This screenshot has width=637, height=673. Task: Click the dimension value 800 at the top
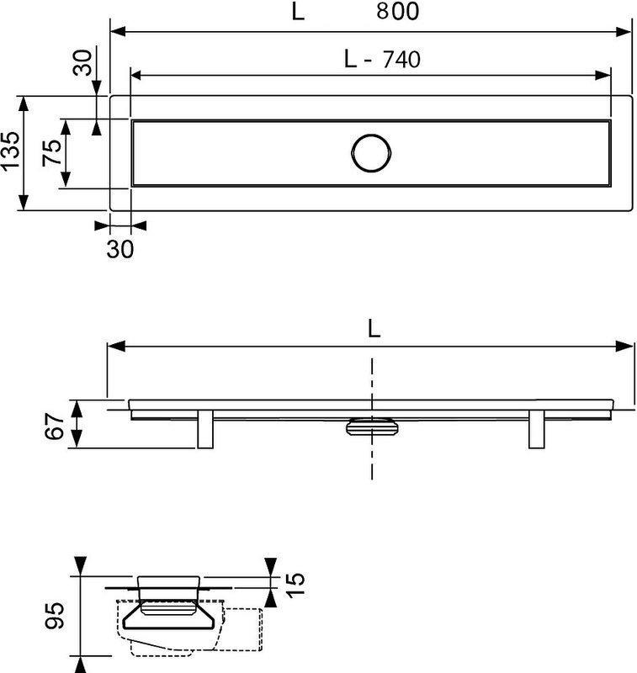pos(397,11)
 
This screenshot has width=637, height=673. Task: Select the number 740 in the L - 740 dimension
pos(401,59)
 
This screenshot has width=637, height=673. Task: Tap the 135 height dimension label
pos(10,151)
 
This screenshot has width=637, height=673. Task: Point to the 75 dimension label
pos(52,152)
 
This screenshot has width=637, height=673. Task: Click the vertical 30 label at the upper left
pos(82,62)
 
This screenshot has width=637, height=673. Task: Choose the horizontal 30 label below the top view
pos(120,249)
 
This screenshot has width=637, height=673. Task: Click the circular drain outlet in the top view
pos(371,153)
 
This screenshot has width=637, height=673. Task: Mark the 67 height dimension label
pos(55,427)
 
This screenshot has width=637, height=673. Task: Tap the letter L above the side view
pos(374,329)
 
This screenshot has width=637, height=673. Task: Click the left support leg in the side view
pos(205,429)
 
